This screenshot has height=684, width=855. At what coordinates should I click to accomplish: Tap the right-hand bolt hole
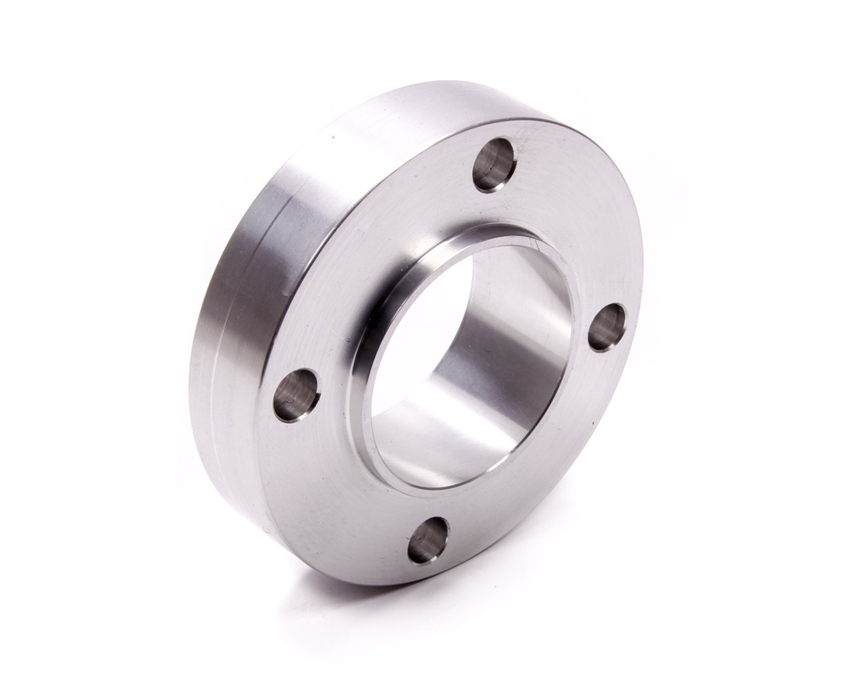point(609,324)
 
